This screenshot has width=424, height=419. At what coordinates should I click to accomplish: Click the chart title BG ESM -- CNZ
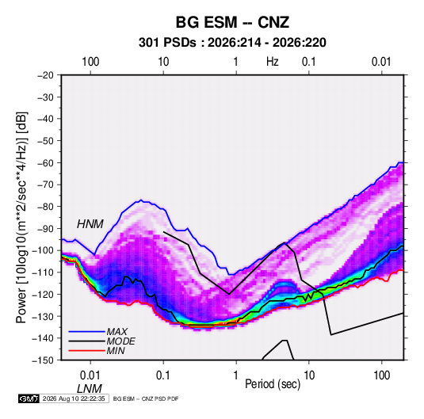point(232,22)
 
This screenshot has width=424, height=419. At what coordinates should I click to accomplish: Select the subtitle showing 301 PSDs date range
point(232,43)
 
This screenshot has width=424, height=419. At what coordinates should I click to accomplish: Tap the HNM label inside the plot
point(90,224)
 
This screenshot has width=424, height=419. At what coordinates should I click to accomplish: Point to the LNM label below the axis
point(90,389)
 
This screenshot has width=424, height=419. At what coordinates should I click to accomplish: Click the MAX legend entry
point(117,331)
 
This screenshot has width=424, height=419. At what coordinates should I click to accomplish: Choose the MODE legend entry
point(121,341)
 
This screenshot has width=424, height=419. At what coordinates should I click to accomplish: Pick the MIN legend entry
point(116,351)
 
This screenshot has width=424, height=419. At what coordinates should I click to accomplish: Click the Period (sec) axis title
point(273,384)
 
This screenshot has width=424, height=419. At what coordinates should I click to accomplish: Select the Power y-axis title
point(21,217)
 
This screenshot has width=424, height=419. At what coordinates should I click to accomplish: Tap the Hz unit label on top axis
point(273,62)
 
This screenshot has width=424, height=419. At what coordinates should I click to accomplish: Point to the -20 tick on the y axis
point(45,75)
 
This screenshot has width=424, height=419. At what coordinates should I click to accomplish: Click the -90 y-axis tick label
point(45,228)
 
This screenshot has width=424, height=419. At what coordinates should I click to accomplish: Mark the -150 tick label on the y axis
point(44,360)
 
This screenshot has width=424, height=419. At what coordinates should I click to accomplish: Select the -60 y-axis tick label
point(45,162)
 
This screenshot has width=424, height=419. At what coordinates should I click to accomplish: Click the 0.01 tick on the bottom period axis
point(90,375)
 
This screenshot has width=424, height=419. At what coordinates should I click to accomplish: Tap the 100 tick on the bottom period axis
point(382,375)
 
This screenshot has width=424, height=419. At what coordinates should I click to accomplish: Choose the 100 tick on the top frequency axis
point(90,62)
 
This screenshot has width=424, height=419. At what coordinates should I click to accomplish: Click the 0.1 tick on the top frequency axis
point(309,62)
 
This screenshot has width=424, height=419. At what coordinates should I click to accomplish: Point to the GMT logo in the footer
point(29,398)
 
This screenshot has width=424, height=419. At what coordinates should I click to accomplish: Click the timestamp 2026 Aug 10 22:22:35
point(74,398)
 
